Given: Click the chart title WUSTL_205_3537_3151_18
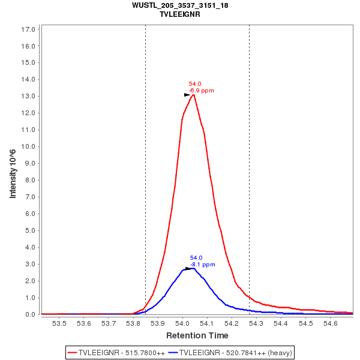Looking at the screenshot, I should (x=180, y=5).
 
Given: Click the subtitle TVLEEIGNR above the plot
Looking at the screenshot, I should (x=180, y=14).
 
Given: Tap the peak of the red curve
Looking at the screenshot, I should (x=193, y=95).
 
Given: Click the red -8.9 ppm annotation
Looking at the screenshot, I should (x=202, y=91).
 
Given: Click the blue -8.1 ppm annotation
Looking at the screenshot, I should (x=203, y=264).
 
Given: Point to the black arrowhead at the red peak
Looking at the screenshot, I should (x=187, y=95).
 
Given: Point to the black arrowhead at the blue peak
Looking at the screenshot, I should (x=188, y=268).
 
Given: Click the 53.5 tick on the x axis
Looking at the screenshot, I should (x=59, y=323).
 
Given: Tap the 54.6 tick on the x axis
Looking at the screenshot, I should (x=331, y=323).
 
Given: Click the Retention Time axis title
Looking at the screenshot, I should (x=197, y=335).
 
